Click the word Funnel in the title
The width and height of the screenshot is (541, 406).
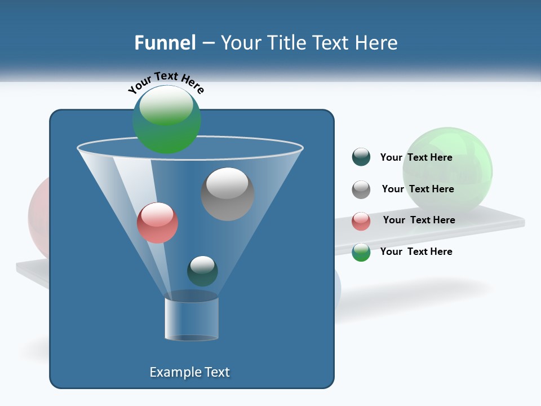[165, 43]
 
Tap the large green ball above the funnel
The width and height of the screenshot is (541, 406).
[166, 119]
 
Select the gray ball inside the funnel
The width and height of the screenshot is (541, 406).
[227, 194]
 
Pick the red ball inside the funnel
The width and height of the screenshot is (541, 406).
[157, 223]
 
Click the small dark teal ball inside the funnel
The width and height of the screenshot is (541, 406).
[202, 271]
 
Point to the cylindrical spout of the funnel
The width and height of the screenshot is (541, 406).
[192, 319]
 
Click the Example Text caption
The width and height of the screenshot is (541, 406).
[189, 372]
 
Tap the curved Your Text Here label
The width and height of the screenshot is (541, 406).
[166, 82]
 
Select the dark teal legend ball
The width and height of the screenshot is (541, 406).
[361, 157]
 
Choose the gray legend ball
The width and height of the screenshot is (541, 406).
[361, 189]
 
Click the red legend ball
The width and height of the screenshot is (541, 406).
[361, 221]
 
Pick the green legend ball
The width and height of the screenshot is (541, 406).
[361, 252]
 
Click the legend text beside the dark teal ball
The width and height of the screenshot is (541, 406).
[416, 157]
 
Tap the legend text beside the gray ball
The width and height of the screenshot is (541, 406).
[418, 189]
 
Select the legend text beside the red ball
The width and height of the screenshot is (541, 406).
[419, 220]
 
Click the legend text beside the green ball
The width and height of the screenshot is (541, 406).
[416, 251]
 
